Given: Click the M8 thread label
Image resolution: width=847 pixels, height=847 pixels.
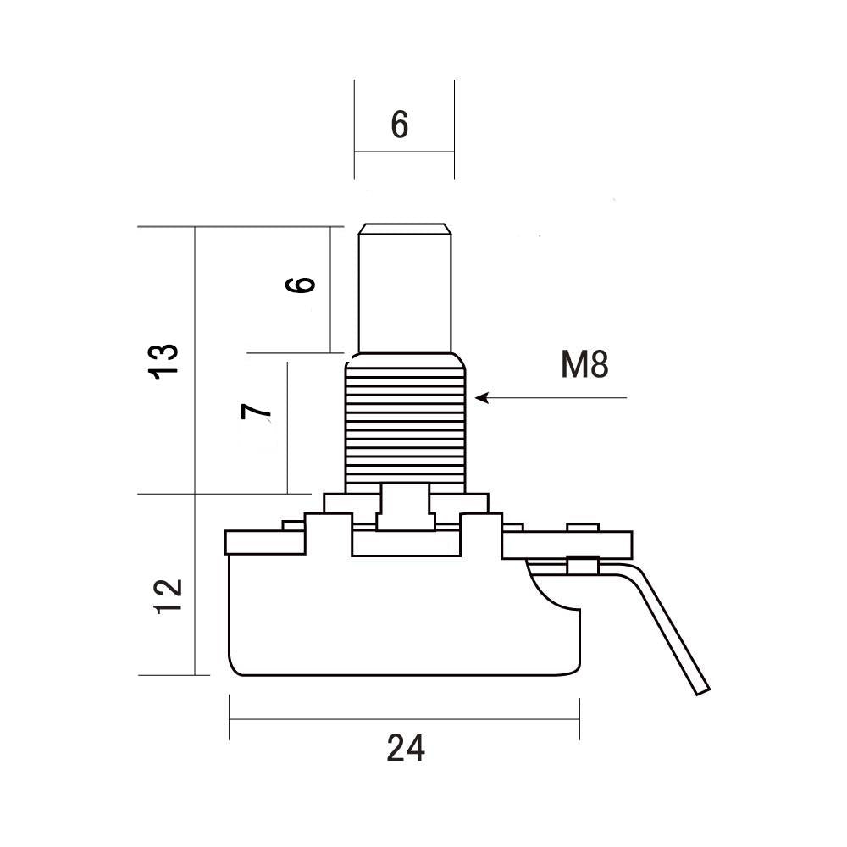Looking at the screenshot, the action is point(584,364).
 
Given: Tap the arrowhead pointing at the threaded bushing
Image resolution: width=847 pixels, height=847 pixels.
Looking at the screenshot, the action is point(482,398).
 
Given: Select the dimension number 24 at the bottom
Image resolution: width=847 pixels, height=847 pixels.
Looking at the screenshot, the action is point(406,748).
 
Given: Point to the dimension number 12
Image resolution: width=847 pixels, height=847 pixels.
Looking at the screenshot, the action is point(168,595).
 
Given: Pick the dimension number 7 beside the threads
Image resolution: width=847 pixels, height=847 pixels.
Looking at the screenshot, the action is point(256,412).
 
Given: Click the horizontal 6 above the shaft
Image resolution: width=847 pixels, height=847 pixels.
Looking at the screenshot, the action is point(400,125).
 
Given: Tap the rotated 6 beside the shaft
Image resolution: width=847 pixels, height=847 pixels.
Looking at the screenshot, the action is point(301,285).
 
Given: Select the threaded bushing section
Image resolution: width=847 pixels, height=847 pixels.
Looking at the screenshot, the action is point(405,423).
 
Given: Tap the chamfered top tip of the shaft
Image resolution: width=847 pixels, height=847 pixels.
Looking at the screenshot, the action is point(405,229).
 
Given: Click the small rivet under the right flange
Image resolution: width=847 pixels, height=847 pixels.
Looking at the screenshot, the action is point(583,565).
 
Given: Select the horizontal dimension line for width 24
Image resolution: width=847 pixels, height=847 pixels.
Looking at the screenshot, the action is point(405,719).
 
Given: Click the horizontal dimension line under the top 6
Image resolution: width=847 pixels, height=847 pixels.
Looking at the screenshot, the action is point(404,152).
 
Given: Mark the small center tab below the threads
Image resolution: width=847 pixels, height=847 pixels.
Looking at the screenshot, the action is point(406,507).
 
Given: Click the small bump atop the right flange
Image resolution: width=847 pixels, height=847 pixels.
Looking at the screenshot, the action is point(583,527).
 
